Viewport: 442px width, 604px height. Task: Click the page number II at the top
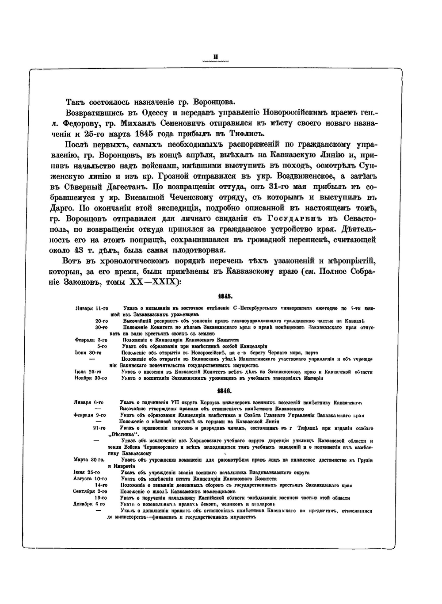click(x=215, y=57)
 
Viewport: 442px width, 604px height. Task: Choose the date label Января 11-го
click(x=92, y=308)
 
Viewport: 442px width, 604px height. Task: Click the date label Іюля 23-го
click(x=91, y=372)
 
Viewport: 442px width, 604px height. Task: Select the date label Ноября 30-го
click(x=91, y=378)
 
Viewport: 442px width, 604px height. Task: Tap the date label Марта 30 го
click(x=89, y=460)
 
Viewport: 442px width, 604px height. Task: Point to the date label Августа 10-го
click(x=90, y=479)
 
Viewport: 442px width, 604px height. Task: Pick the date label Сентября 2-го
click(x=90, y=491)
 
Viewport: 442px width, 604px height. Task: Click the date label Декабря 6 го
click(x=89, y=504)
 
